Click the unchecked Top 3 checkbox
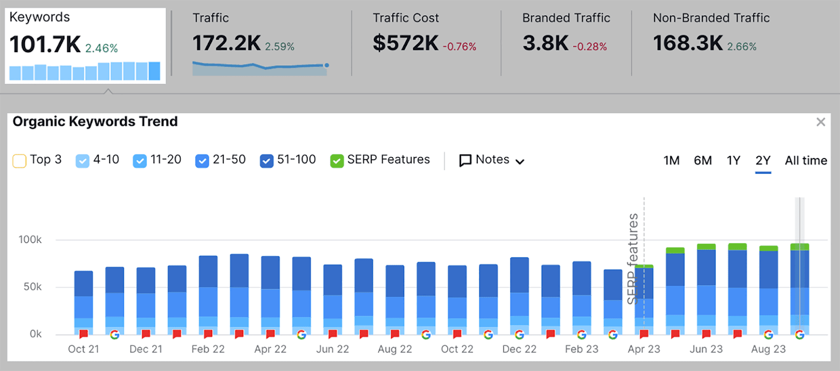coord(19,161)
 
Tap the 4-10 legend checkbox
coord(82,161)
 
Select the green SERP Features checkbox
coord(337,161)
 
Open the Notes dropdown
coord(492,160)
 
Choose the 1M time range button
coord(671,160)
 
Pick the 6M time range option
coord(702,160)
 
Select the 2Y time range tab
coord(763,160)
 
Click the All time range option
coord(805,160)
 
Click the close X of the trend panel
coord(821,122)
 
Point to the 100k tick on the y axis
coord(30,240)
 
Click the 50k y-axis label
coord(32,287)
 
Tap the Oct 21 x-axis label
coord(83,349)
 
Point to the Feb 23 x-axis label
coord(581,349)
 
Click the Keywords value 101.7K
coord(45,44)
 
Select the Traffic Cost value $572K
coord(405,43)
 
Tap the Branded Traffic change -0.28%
coord(590,47)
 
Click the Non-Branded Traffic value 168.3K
coord(688,43)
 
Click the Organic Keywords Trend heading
coord(95,121)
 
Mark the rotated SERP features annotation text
coord(633,259)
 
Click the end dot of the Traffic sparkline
coord(327,65)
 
